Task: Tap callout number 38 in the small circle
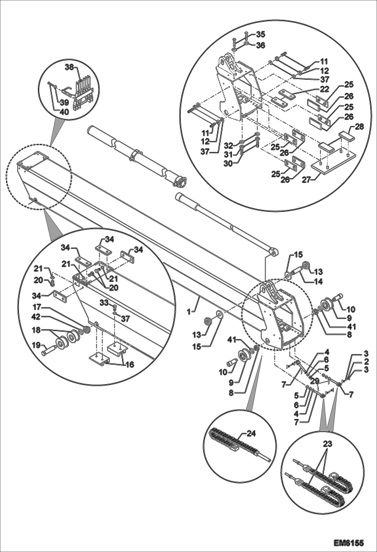pos(70,67)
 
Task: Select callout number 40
pos(64,112)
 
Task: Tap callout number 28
pos(360,127)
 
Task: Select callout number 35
pos(261,34)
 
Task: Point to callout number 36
pos(261,45)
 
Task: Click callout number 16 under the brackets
pos(130,364)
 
